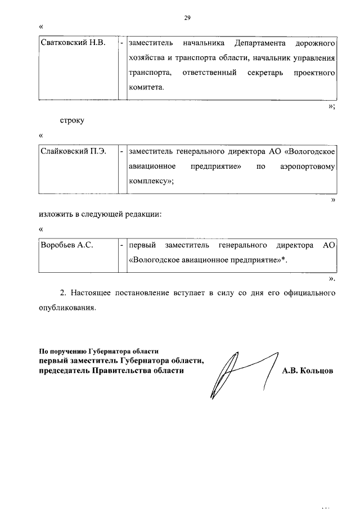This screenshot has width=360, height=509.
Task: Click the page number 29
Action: (x=187, y=17)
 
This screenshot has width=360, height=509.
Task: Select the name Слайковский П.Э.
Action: (x=70, y=152)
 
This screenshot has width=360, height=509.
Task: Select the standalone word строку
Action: (x=72, y=121)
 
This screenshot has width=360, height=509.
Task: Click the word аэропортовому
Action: (x=308, y=167)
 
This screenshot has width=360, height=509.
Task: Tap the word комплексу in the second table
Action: (x=149, y=182)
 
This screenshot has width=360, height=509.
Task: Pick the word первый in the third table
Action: (x=142, y=246)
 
